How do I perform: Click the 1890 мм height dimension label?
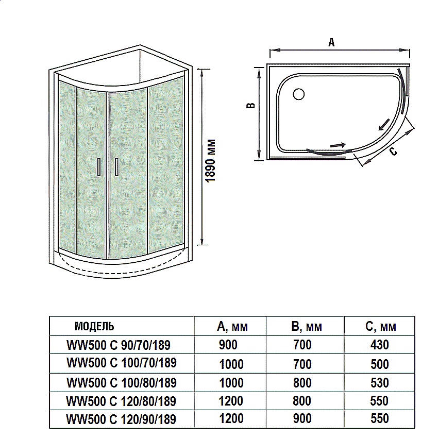pos(210,160)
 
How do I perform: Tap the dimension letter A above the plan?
pos(332,43)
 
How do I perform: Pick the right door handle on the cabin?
pos(117,167)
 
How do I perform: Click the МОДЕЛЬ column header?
pos(94,326)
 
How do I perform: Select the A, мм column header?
pos(232,326)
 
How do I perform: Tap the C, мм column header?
pos(380,326)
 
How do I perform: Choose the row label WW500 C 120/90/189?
pos(121,419)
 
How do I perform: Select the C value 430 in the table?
pos(380,345)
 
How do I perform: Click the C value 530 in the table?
pos(380,383)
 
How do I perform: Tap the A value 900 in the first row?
pos(228,345)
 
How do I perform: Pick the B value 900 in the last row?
pos(302,418)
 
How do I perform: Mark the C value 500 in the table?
pos(380,364)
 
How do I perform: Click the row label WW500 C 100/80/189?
pos(121,383)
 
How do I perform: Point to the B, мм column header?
pos(307,326)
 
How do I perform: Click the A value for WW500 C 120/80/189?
pos(231,401)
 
